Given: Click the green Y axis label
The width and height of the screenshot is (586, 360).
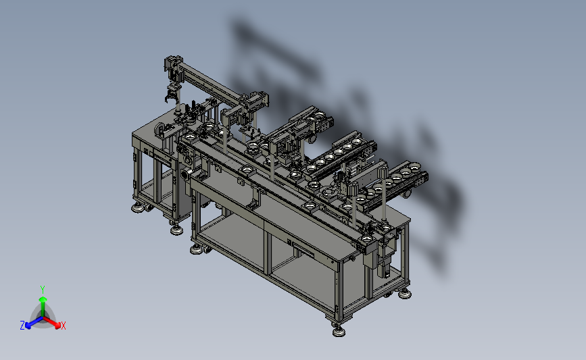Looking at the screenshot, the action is [x=42, y=290].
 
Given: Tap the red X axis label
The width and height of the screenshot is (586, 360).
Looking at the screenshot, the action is [x=63, y=326].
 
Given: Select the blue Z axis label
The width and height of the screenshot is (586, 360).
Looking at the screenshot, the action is [x=22, y=326].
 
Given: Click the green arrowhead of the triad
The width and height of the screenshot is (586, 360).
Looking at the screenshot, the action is [x=43, y=299].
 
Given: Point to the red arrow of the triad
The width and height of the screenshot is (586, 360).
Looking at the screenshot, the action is [x=51, y=322].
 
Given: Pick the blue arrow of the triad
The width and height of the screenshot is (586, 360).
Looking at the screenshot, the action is [x=34, y=322].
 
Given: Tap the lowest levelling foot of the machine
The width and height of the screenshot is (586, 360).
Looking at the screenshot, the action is [x=339, y=331].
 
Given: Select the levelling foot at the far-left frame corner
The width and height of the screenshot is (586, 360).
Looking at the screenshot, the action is [x=139, y=207].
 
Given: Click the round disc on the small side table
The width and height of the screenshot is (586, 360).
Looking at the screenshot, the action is [x=160, y=129].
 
